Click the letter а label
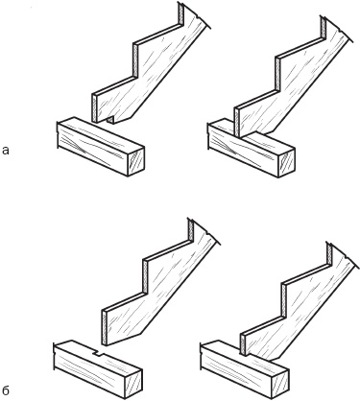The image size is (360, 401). click(x=5, y=151)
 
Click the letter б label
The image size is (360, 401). click(x=6, y=390)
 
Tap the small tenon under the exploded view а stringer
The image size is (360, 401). click(x=110, y=120)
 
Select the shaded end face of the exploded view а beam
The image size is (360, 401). click(x=136, y=161)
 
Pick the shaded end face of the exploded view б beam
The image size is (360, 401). click(x=134, y=383)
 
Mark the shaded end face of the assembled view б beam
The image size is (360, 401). click(x=281, y=384)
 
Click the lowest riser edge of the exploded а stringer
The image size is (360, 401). click(x=94, y=108)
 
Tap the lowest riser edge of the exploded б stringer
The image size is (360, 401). click(x=104, y=328)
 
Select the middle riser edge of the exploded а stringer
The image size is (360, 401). click(x=135, y=59)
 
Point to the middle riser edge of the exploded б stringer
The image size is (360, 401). click(x=145, y=276)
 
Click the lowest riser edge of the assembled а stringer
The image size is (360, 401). click(x=236, y=122)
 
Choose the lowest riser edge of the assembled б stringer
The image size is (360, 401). click(x=243, y=344)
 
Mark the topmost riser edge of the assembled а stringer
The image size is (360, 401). click(x=324, y=27)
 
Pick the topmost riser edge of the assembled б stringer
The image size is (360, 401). click(x=329, y=253)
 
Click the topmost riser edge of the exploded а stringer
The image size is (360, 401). click(x=181, y=13)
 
